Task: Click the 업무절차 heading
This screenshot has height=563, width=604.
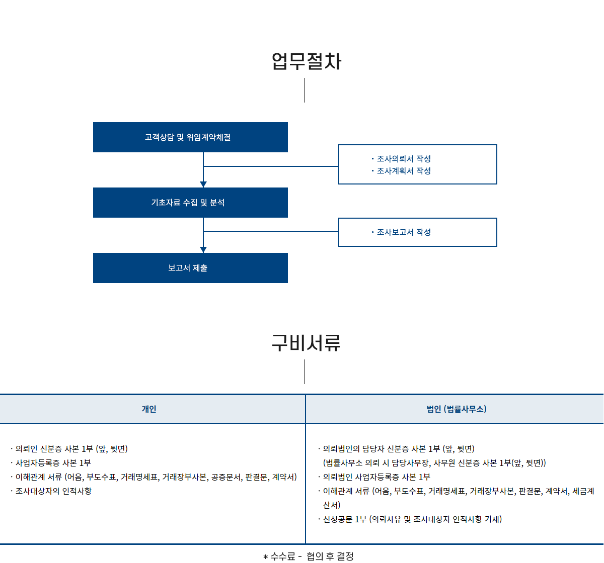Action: click(x=306, y=61)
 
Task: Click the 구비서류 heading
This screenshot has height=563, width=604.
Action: click(x=306, y=342)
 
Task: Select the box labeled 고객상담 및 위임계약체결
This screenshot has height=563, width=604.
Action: click(x=190, y=137)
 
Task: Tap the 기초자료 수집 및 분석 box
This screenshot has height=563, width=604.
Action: click(x=190, y=203)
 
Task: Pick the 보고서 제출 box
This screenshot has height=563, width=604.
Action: click(x=190, y=267)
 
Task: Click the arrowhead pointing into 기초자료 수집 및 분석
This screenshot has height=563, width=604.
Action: click(x=203, y=184)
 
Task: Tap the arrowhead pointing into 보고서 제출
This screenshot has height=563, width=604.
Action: click(x=203, y=250)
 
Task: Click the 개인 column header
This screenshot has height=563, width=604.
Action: click(x=148, y=409)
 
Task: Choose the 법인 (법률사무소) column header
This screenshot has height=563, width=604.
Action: click(x=456, y=409)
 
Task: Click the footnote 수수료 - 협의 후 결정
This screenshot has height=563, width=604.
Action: click(x=308, y=556)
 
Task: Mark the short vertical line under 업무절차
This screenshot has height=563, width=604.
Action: click(x=305, y=90)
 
